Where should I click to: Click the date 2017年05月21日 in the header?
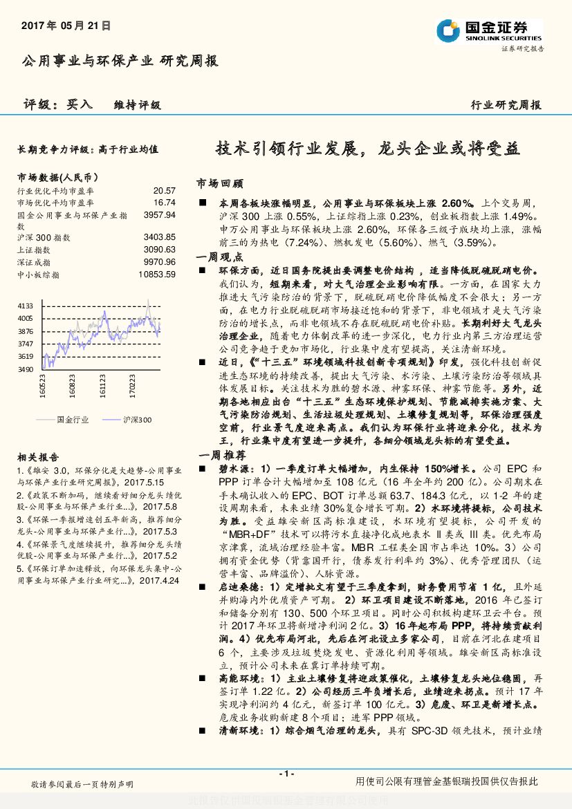(66, 26)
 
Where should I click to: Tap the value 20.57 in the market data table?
(165, 190)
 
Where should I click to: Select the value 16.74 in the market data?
(165, 203)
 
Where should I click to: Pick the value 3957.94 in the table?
(160, 215)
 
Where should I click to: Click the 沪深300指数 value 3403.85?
(160, 237)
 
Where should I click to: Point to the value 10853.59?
(158, 274)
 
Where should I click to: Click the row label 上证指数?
(34, 250)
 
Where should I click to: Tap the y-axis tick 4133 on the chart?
(26, 306)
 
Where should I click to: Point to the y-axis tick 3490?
(26, 370)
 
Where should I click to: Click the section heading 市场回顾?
(220, 184)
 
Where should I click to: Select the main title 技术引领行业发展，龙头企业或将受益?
(368, 148)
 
